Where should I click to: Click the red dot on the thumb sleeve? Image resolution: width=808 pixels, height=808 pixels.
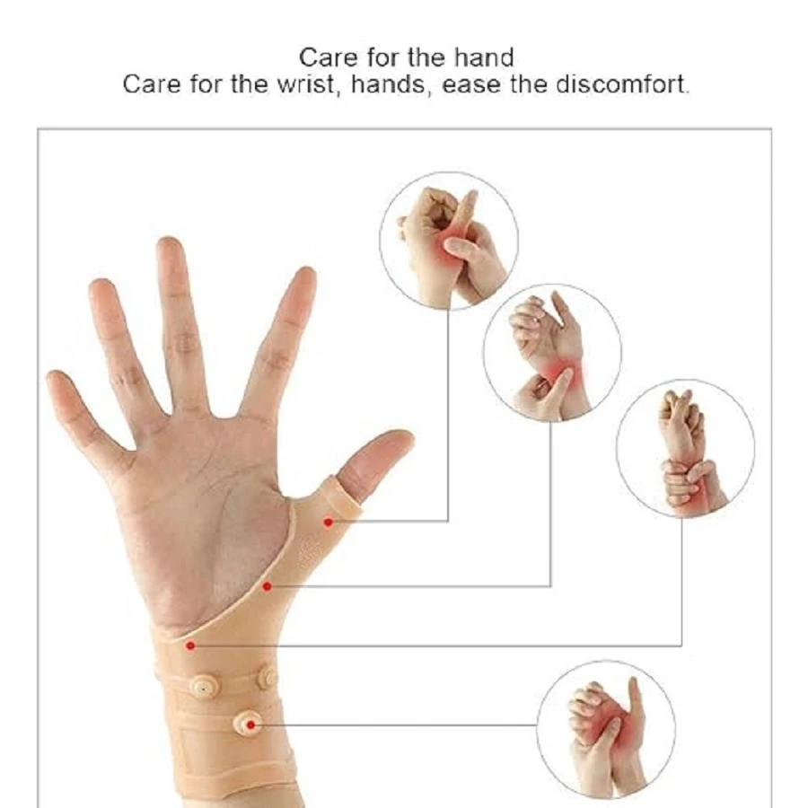(x=328, y=522)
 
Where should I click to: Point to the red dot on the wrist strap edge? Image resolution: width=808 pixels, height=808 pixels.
(x=190, y=646)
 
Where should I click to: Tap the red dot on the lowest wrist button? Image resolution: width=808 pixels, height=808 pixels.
(x=251, y=725)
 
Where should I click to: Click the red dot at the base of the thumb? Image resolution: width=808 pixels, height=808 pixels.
(x=267, y=586)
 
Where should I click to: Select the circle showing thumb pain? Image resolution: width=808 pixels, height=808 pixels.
(x=449, y=242)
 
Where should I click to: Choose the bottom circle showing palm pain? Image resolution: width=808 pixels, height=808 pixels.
(x=606, y=730)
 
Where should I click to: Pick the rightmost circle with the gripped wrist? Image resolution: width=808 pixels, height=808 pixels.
(x=685, y=449)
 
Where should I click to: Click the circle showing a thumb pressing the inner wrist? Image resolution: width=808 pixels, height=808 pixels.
(x=552, y=353)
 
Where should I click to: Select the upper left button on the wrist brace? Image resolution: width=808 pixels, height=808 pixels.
(x=203, y=687)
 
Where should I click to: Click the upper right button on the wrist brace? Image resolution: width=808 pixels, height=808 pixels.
(x=268, y=677)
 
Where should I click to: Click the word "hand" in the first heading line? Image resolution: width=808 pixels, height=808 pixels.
(x=484, y=57)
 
